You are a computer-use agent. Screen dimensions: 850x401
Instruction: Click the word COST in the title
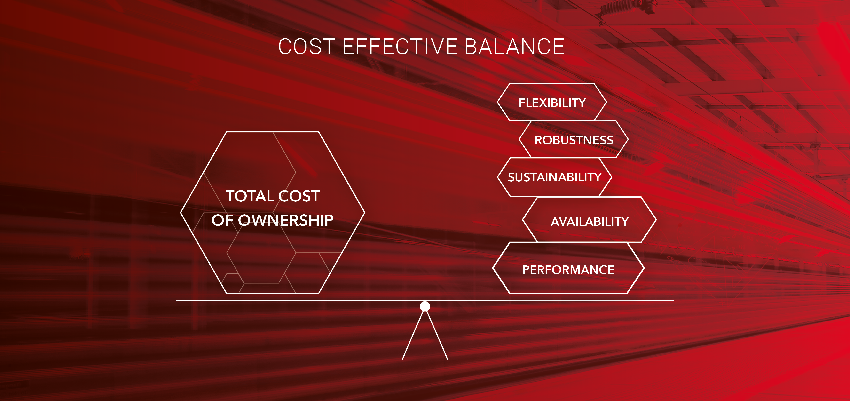[307, 47]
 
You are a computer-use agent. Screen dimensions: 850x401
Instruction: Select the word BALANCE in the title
[514, 47]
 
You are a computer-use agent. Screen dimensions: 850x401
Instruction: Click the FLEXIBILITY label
[552, 103]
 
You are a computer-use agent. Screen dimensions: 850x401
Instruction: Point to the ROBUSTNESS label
[574, 140]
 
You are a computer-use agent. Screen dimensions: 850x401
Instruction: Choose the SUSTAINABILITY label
[555, 177]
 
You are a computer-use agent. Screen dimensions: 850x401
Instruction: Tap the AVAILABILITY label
[590, 221]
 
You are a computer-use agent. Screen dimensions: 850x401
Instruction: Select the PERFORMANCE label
[568, 270]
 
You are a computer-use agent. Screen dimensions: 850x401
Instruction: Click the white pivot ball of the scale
[425, 306]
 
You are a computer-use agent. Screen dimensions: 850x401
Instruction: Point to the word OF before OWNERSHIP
[222, 220]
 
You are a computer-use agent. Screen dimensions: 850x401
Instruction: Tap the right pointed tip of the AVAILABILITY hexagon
[656, 219]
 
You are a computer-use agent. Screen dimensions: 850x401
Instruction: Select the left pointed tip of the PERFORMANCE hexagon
[493, 268]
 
